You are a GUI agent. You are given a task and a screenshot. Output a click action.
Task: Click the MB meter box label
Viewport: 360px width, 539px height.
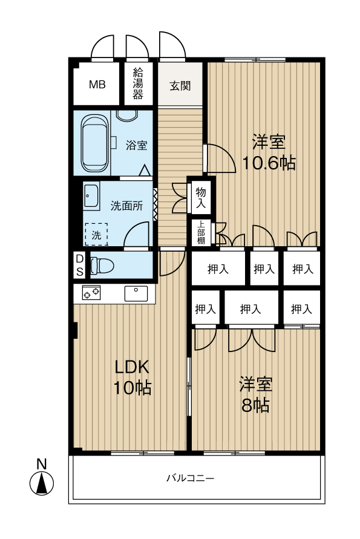(x=97, y=85)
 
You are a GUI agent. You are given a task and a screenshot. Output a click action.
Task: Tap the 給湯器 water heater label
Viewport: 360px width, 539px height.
(x=138, y=83)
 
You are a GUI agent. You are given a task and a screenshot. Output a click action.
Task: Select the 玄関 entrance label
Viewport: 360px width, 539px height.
(x=180, y=86)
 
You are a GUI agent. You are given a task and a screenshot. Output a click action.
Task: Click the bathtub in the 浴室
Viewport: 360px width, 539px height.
(x=94, y=143)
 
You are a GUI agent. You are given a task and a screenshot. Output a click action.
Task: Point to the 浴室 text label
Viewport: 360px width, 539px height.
(x=137, y=145)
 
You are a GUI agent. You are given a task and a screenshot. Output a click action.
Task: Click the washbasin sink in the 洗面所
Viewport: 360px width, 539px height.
(x=91, y=197)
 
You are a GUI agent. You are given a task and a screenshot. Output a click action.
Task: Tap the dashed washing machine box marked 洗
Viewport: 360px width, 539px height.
(x=96, y=235)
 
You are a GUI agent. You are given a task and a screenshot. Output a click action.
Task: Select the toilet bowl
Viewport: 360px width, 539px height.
(x=102, y=266)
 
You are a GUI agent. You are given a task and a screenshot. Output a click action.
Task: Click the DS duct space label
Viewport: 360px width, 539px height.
(x=80, y=265)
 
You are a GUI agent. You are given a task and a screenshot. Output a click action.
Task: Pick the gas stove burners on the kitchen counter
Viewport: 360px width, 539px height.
(x=91, y=293)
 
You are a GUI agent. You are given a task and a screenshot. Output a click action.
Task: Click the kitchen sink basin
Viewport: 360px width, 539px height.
(x=136, y=293)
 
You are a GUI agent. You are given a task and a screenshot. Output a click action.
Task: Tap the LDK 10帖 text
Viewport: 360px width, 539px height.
(x=133, y=377)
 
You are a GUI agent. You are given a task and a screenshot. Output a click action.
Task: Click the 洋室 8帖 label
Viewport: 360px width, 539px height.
(x=255, y=394)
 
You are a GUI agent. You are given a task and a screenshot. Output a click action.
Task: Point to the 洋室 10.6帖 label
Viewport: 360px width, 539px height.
(x=269, y=152)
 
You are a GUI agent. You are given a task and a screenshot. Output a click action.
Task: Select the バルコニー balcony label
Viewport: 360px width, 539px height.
(x=190, y=478)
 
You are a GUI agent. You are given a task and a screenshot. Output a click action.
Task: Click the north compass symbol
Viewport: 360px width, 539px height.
(x=42, y=483)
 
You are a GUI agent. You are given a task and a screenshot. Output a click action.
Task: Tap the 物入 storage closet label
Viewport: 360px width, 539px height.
(x=201, y=198)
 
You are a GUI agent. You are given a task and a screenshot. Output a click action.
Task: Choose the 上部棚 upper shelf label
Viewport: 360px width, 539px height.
(x=201, y=232)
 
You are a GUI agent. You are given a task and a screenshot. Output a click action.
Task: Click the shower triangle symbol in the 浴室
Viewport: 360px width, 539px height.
(x=145, y=171)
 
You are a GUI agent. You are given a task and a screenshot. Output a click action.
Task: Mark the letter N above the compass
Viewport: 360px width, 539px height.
(x=42, y=465)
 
